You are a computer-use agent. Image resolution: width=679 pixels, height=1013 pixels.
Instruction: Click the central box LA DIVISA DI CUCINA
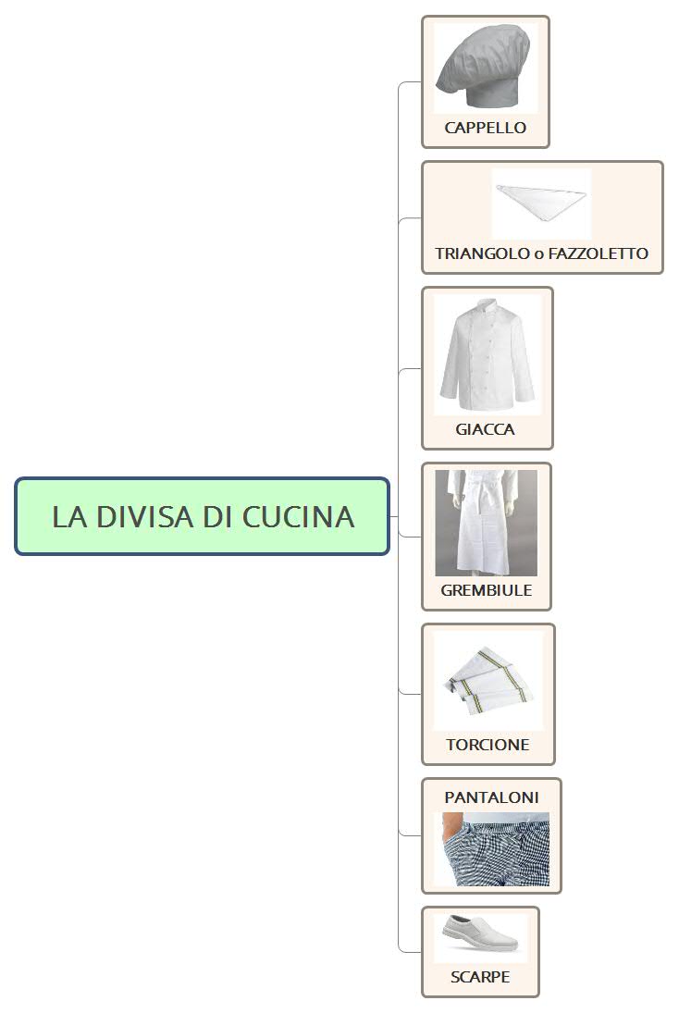(x=202, y=516)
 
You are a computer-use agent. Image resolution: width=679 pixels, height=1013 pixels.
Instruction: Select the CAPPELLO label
(x=485, y=128)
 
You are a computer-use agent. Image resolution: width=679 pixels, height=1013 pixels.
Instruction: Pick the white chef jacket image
(x=487, y=356)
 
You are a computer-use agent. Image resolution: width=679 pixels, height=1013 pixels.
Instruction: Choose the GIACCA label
(x=485, y=429)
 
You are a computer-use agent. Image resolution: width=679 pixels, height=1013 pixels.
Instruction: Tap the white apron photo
(x=486, y=523)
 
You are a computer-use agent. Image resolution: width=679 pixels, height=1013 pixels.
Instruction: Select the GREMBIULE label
(x=486, y=590)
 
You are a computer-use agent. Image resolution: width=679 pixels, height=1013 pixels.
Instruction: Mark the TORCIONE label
(x=488, y=745)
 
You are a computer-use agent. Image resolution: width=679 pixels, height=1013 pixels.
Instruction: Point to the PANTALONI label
(x=491, y=797)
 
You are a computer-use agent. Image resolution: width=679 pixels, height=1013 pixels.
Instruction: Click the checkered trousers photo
(x=491, y=849)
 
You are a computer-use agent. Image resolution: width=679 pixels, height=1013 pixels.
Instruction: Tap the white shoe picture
(x=480, y=937)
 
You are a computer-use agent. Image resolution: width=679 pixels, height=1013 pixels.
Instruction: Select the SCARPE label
(x=480, y=977)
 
